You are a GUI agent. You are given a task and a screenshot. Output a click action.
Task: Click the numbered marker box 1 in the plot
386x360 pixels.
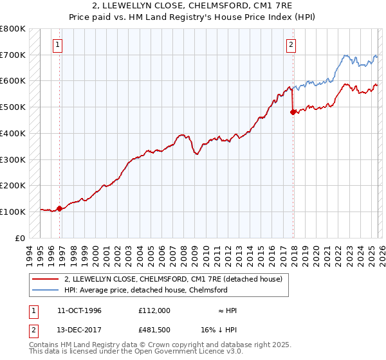[x=59, y=45]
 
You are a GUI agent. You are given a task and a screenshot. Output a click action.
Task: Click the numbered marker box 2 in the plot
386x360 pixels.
[x=291, y=45]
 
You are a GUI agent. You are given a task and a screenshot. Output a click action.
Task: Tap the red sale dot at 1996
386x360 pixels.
[x=60, y=208]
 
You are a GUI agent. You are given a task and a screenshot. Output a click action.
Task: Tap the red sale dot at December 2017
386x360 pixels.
[x=293, y=112]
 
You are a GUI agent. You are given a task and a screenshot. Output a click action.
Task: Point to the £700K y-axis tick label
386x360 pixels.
[x=13, y=55]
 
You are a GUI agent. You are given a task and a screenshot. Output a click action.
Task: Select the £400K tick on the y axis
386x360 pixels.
[x=13, y=134]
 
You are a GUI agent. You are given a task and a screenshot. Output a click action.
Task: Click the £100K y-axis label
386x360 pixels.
[x=13, y=212]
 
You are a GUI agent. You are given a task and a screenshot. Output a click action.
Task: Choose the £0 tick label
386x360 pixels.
[x=19, y=238]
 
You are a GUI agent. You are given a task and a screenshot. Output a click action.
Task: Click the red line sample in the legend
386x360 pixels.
[x=45, y=279]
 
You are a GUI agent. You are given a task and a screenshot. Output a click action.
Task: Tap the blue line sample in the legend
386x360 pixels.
[x=45, y=290]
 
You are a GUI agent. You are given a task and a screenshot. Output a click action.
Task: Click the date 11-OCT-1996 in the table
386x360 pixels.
[x=79, y=310]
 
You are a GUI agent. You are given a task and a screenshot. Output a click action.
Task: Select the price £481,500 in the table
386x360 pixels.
[x=154, y=330]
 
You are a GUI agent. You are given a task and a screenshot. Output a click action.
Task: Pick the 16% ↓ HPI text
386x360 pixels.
[x=219, y=330]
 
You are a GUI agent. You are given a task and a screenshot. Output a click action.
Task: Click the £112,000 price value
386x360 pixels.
[x=154, y=310]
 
